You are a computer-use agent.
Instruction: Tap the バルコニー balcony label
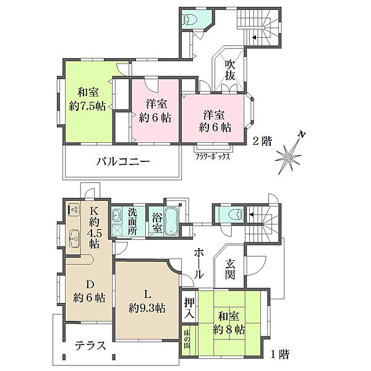click(124, 162)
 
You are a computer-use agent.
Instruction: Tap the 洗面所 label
click(132, 221)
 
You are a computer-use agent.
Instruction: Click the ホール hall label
click(199, 262)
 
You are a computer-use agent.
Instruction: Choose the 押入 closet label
click(190, 308)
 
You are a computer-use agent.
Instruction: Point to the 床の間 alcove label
click(187, 341)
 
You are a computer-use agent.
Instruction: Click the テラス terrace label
click(90, 346)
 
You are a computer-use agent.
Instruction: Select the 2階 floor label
click(262, 140)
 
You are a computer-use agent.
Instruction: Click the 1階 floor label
click(279, 355)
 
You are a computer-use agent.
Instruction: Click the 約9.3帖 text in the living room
click(147, 307)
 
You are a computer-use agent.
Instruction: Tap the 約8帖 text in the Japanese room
click(229, 328)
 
